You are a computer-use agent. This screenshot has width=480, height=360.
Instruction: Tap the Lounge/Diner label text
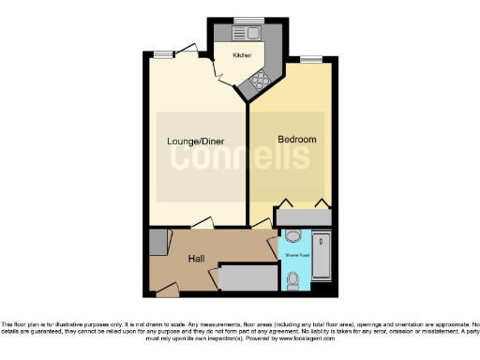(x=195, y=142)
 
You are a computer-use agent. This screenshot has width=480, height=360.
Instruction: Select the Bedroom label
(x=297, y=140)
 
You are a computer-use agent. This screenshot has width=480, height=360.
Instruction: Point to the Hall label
(x=197, y=259)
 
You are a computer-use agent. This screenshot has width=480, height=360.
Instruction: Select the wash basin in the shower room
(x=292, y=236)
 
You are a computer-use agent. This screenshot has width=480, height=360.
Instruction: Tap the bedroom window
(x=311, y=61)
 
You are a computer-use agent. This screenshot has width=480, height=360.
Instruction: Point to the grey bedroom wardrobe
(x=304, y=217)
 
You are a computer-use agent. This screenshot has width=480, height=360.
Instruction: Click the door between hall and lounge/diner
(x=201, y=224)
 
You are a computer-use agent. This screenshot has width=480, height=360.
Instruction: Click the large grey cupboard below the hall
(x=247, y=277)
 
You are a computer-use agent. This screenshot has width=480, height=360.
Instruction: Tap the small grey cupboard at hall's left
(x=156, y=240)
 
